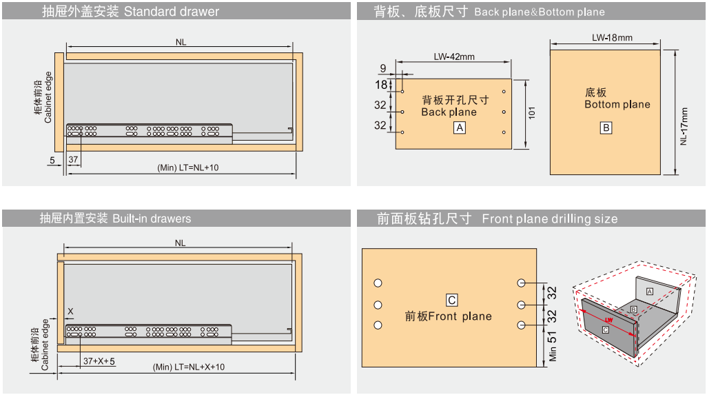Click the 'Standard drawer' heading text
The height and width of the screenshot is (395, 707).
click(172, 12)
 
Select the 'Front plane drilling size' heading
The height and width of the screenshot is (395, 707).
click(549, 219)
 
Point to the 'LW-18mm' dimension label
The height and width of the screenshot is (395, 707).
click(612, 37)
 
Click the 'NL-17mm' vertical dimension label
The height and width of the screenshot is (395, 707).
click(683, 125)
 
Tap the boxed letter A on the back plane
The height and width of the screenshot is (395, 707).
click(460, 128)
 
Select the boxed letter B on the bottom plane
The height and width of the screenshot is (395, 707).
click(606, 128)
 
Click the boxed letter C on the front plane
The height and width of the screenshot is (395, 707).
click(452, 300)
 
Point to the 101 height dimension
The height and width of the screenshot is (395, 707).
click(531, 113)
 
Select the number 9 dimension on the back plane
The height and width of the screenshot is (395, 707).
click(383, 68)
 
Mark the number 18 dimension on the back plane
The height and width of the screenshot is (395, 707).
click(381, 85)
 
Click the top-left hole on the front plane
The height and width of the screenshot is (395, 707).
click(378, 283)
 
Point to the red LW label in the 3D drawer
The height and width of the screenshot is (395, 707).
click(608, 321)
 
